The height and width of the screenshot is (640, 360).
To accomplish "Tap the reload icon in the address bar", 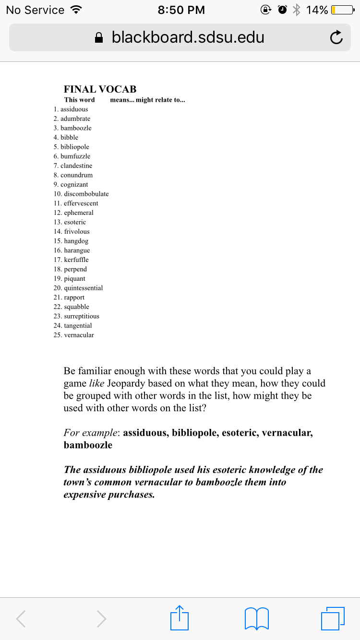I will [x=336, y=37].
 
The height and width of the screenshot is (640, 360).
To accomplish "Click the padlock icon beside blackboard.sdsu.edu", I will [x=99, y=38].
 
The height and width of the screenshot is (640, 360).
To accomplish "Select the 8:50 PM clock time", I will [x=181, y=10].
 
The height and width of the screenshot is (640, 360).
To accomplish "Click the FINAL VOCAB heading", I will [x=100, y=89].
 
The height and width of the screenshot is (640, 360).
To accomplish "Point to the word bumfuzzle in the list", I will [x=75, y=156].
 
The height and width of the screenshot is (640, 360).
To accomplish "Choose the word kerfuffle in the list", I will [x=76, y=260].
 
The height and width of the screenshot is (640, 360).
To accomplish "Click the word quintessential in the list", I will [x=83, y=288].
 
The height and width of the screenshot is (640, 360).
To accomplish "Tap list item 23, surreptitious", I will [x=81, y=316].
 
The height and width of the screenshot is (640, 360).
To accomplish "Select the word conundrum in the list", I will [x=76, y=175].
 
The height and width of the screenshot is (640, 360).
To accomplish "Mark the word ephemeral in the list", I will [x=78, y=213].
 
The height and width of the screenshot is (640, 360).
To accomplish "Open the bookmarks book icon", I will [x=256, y=618].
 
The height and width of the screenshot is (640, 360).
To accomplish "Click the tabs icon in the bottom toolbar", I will [x=333, y=618].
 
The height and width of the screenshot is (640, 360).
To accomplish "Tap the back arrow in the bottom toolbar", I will [x=21, y=619].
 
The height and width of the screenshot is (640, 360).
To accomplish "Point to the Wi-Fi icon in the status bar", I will [x=75, y=10].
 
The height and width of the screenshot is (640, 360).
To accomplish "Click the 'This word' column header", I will [x=79, y=100].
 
